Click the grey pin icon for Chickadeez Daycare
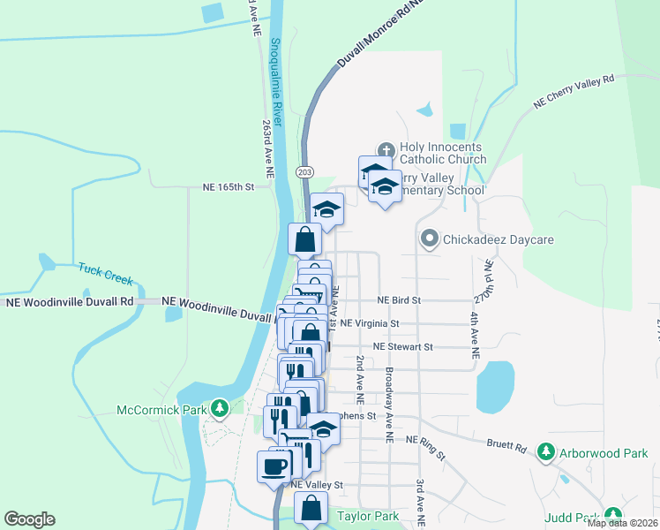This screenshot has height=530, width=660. click(430, 238)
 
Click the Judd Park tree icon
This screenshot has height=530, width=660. click(611, 516)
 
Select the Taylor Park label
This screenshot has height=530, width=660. click(367, 516)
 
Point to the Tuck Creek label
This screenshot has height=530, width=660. click(105, 274)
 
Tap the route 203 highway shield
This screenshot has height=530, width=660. click(305, 171)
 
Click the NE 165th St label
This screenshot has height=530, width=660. click(228, 187)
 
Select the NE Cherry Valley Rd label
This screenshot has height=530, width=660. click(574, 91)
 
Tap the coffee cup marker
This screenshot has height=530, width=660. click(274, 465)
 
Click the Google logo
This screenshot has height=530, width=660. click(29, 519)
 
